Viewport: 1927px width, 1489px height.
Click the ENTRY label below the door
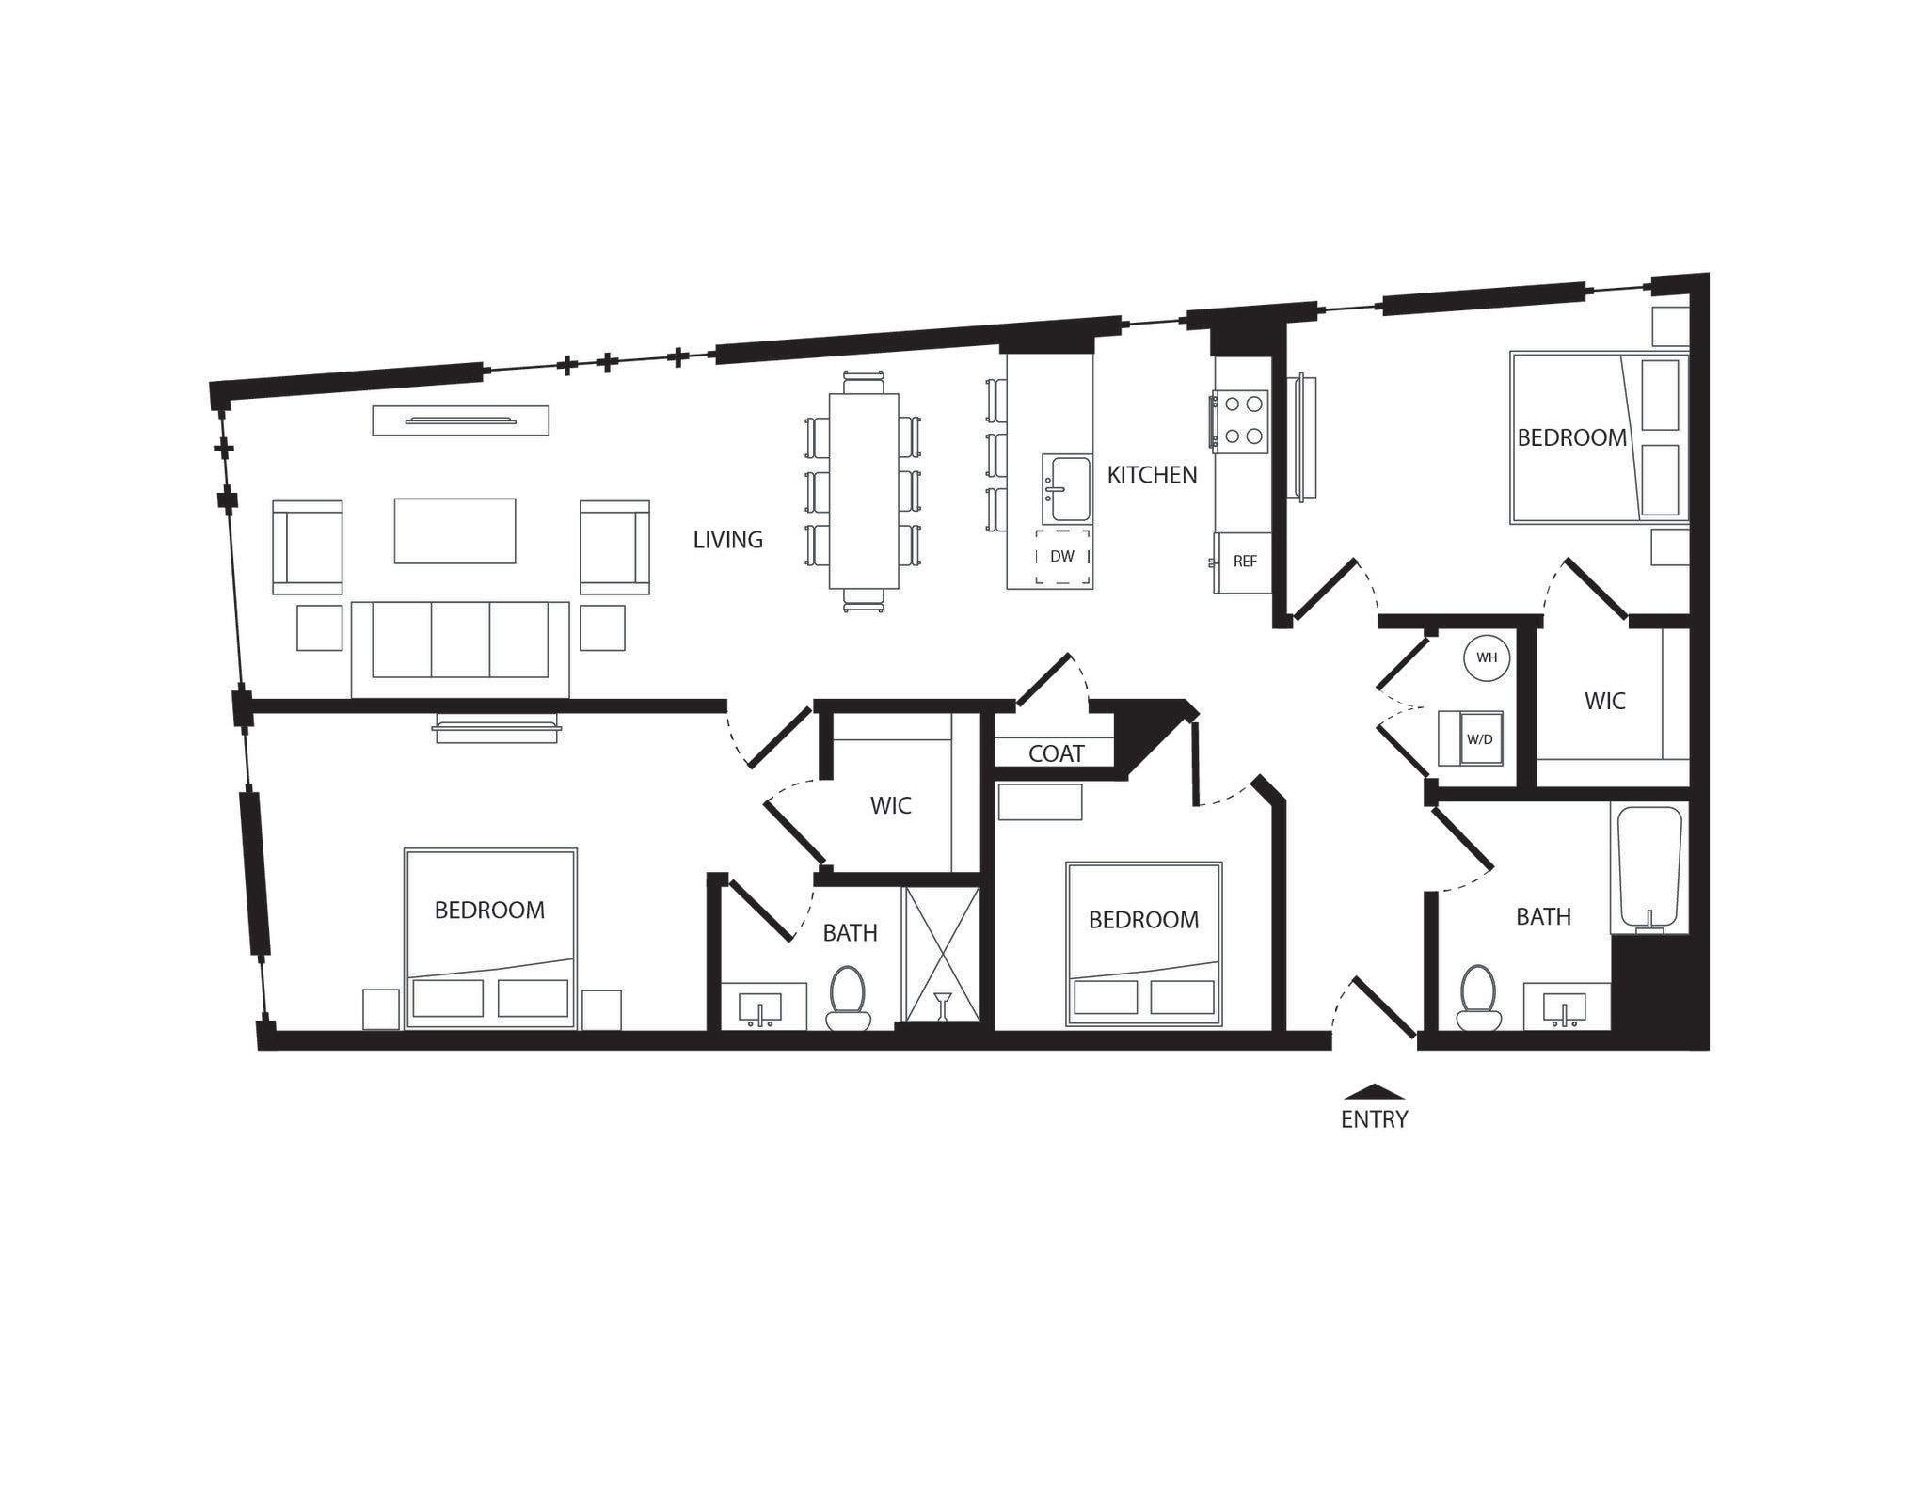pyautogui.click(x=1374, y=1119)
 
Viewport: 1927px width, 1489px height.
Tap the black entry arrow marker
pyautogui.click(x=1374, y=1092)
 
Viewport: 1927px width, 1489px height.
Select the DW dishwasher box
pyautogui.click(x=1062, y=557)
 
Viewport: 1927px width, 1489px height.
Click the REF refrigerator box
pyautogui.click(x=1244, y=562)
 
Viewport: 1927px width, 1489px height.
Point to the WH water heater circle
pyautogui.click(x=1487, y=657)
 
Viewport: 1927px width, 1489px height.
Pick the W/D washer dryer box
pyautogui.click(x=1478, y=738)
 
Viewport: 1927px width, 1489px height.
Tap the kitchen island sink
pyautogui.click(x=1067, y=489)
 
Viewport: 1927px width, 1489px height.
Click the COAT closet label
pyautogui.click(x=1056, y=753)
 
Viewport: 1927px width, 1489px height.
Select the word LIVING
pyautogui.click(x=727, y=540)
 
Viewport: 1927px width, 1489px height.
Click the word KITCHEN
pyautogui.click(x=1152, y=475)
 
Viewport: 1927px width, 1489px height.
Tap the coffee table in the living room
pyautogui.click(x=454, y=531)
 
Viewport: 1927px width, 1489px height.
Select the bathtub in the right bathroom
pyautogui.click(x=1649, y=866)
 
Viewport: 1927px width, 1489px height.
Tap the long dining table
pyautogui.click(x=863, y=490)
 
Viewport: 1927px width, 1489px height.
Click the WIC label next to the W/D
pyautogui.click(x=1604, y=701)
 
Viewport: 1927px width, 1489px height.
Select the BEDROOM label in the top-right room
pyautogui.click(x=1571, y=437)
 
